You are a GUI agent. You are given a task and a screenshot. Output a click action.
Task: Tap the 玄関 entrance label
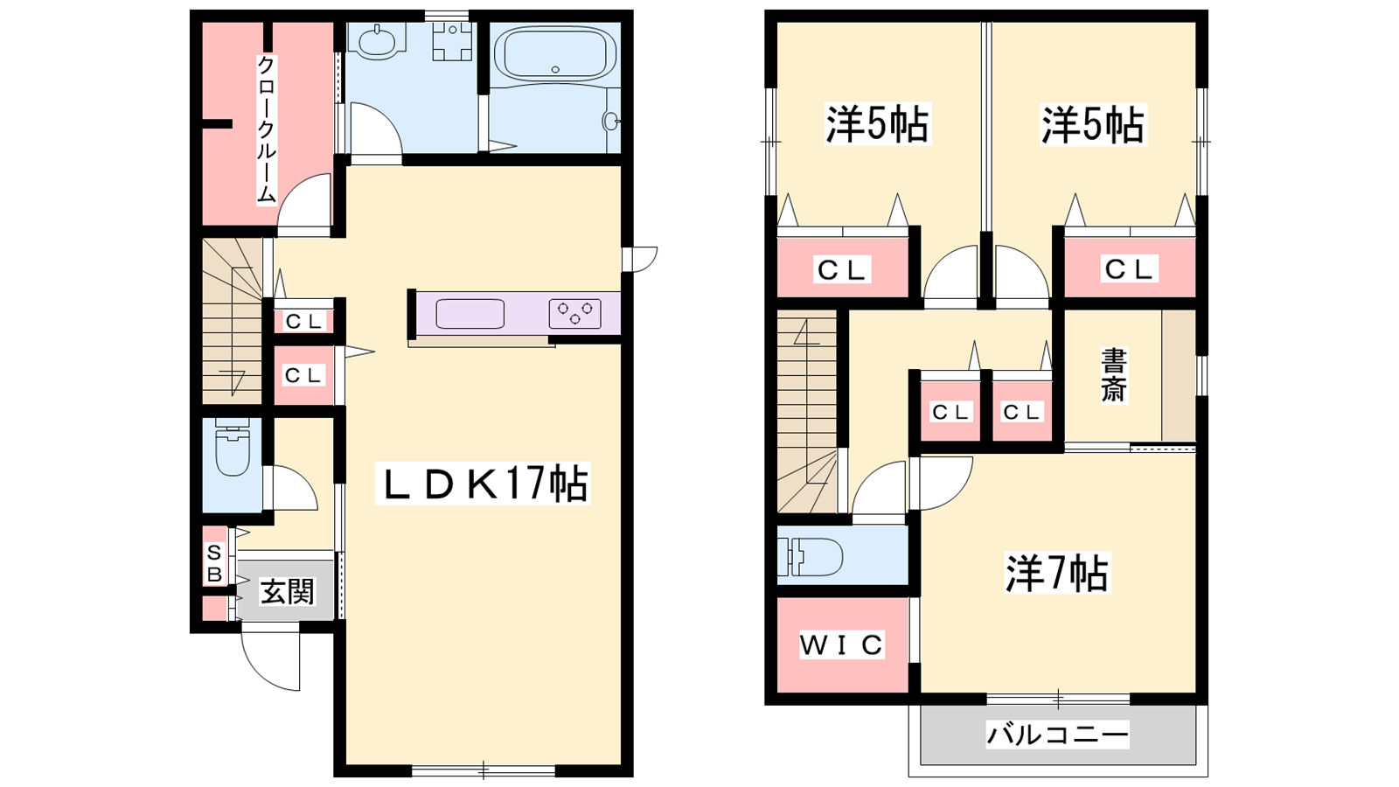(x=288, y=591)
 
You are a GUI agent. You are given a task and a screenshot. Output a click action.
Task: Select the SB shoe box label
(x=214, y=563)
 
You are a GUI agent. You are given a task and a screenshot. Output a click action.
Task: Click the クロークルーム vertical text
(x=267, y=130)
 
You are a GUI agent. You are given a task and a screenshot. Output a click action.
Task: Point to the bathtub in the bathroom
(x=555, y=52)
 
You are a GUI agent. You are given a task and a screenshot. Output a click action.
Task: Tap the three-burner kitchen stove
(x=575, y=314)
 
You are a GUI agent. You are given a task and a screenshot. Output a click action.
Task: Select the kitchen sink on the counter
(x=470, y=314)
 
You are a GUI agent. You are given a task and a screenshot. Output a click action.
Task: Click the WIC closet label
(x=842, y=644)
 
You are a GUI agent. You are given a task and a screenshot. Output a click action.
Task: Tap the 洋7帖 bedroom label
(x=1057, y=573)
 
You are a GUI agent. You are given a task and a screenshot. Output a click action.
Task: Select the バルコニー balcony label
(x=1057, y=734)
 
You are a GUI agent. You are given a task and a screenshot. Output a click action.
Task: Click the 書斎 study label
(x=1114, y=375)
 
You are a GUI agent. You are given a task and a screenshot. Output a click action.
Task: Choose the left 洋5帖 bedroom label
(x=878, y=124)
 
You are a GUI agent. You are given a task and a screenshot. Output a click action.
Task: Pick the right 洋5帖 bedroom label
(x=1092, y=124)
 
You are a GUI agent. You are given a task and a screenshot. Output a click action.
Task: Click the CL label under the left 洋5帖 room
(x=842, y=270)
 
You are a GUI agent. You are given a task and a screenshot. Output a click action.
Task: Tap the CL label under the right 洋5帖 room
(x=1129, y=269)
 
